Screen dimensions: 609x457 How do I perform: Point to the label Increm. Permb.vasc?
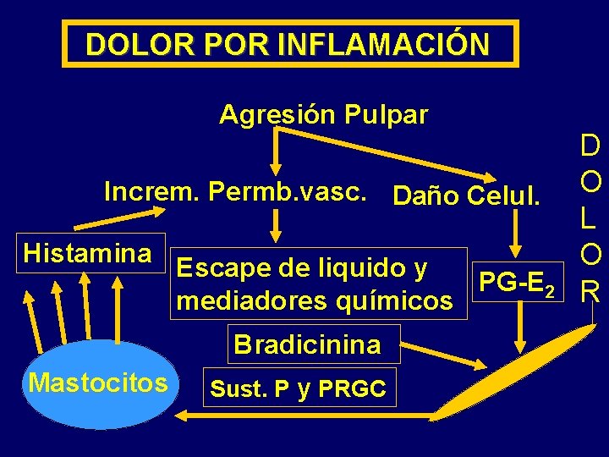click(235, 191)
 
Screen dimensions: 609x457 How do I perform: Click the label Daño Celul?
click(466, 196)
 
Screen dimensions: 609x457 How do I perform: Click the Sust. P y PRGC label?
click(297, 388)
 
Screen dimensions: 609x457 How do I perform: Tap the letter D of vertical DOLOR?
click(590, 147)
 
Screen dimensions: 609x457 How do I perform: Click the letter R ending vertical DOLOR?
click(590, 292)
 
